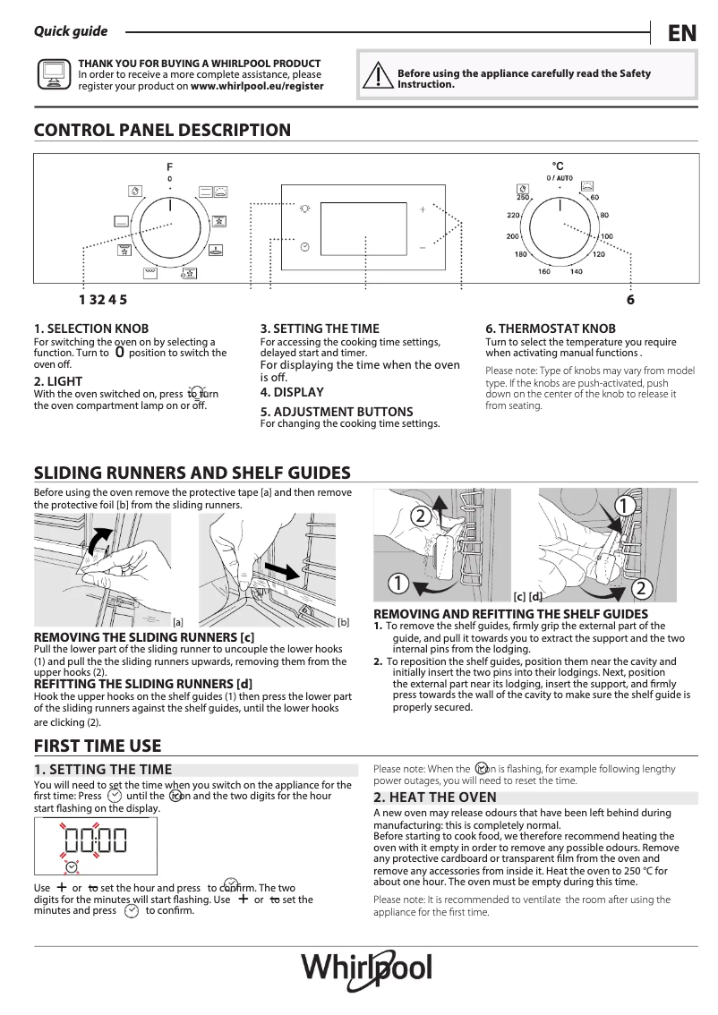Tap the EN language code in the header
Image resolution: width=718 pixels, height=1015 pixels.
(681, 33)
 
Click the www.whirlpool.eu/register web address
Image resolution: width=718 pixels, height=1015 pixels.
(257, 87)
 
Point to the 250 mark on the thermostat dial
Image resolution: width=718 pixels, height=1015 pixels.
(524, 197)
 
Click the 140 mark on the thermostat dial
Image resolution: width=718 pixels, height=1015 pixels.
(576, 271)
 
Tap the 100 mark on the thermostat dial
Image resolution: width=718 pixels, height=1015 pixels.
(607, 236)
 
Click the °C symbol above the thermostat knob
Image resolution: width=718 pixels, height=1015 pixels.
(558, 166)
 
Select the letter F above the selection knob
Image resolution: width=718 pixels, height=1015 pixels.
(169, 167)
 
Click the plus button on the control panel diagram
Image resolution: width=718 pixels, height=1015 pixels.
(423, 208)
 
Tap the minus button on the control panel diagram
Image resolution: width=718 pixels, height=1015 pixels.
(423, 246)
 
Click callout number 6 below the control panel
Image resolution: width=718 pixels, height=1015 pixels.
(630, 301)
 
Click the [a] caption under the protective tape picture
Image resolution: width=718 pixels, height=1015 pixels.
(177, 621)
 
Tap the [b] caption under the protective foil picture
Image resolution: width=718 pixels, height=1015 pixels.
(343, 621)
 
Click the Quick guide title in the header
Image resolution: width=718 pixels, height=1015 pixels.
(71, 31)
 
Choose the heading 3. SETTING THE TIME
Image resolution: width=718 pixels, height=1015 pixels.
(320, 328)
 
